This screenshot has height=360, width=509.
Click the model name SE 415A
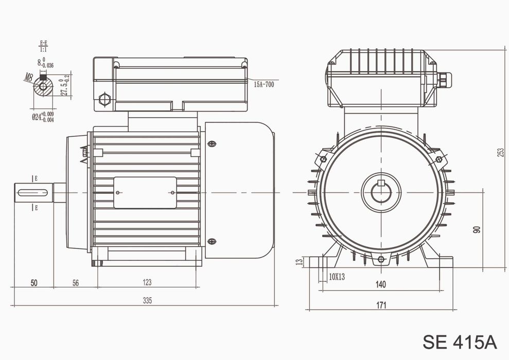coord(460,341)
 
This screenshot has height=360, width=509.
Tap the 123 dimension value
coord(147,282)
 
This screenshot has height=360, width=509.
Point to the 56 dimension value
coord(75,282)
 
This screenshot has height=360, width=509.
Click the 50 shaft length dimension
coord(34,282)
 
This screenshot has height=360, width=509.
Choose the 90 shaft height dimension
coord(477,229)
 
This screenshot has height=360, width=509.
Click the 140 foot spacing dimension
coord(380,284)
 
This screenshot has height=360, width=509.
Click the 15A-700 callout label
coord(263,83)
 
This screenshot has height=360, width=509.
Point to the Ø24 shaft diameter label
coord(42,117)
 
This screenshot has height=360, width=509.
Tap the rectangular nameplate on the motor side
coord(145,193)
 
